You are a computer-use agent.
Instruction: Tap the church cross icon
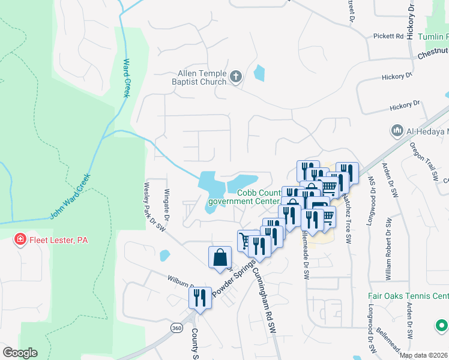click(236, 77)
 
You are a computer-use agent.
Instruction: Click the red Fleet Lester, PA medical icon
click(20, 240)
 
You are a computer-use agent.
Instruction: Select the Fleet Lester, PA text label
click(58, 240)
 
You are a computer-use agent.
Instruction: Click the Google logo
click(20, 353)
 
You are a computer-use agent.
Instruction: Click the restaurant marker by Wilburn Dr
click(200, 296)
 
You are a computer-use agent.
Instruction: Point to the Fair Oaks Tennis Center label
click(408, 296)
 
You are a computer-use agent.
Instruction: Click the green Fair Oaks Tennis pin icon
click(441, 326)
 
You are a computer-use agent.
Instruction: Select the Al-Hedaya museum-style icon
click(396, 130)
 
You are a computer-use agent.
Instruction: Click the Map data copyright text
click(424, 355)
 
